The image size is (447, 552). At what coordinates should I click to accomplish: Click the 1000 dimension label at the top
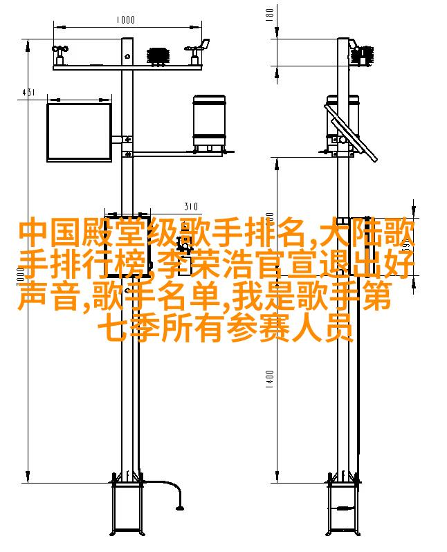126,19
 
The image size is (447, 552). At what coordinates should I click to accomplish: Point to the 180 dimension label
270,15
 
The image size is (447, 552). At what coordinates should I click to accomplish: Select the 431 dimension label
28,93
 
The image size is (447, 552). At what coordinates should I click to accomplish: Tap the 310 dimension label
191,206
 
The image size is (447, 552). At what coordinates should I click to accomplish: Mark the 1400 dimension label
270,379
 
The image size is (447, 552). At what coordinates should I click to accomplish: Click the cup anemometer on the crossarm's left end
60,55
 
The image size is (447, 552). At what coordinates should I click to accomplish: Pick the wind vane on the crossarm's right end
197,52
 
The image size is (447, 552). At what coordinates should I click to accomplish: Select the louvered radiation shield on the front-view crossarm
158,56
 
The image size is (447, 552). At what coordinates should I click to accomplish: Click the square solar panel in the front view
80,132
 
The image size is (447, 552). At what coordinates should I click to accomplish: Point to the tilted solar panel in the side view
351,132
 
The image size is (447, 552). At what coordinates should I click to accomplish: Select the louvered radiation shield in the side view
363,55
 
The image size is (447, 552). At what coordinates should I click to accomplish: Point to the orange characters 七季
128,328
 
